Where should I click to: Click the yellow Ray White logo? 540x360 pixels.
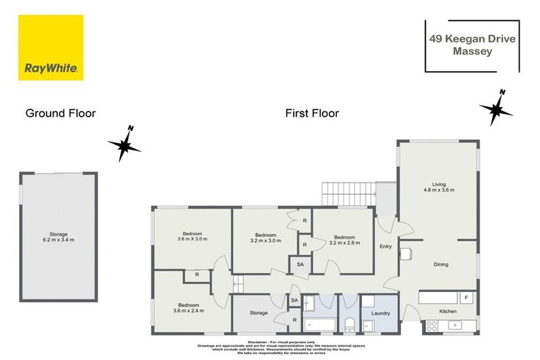(51, 48)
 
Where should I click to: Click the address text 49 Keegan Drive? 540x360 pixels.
(472, 39)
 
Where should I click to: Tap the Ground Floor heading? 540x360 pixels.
(60, 112)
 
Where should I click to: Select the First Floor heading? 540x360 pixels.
(311, 112)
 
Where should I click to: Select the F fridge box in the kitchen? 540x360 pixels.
(466, 297)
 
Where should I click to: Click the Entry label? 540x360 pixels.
(386, 246)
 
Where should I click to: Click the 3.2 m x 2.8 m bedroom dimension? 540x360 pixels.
(347, 243)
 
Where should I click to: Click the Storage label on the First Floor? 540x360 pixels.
(259, 312)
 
